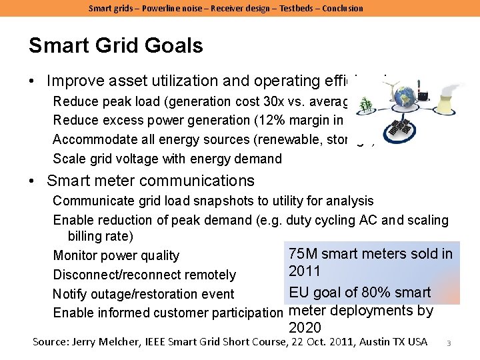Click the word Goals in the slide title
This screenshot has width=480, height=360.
point(170,46)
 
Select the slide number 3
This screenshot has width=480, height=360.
point(449,343)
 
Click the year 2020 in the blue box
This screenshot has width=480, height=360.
point(305,328)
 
